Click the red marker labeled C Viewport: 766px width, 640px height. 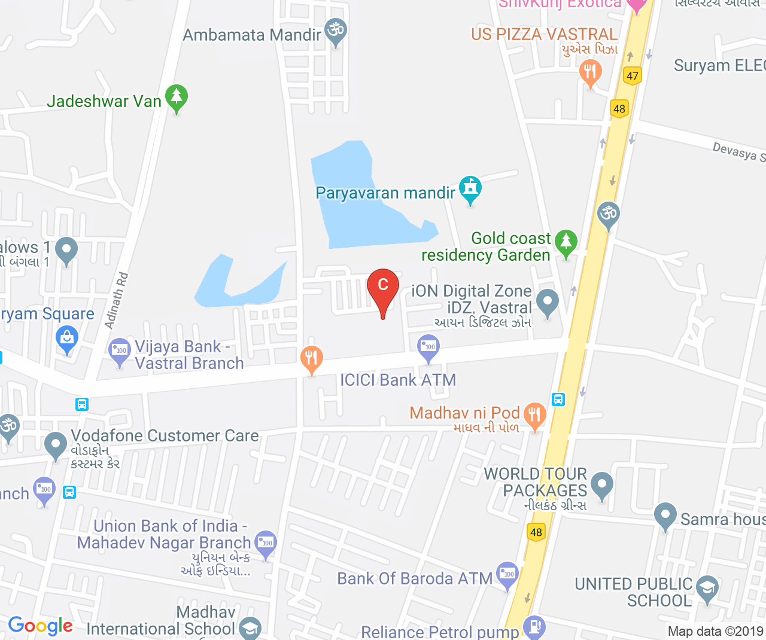click(x=383, y=286)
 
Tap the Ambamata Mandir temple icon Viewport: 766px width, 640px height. click(x=335, y=31)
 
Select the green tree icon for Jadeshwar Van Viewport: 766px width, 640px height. click(x=177, y=97)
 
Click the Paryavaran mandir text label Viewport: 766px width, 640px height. click(x=385, y=193)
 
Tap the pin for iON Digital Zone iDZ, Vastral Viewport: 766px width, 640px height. click(x=547, y=302)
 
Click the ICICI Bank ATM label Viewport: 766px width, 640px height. click(x=398, y=380)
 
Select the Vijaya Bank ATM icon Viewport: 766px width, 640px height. click(x=120, y=351)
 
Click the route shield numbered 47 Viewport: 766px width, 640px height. click(x=633, y=76)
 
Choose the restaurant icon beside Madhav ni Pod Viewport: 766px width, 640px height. click(x=534, y=414)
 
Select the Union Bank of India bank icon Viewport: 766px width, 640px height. click(x=266, y=543)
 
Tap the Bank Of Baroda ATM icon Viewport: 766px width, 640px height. click(x=507, y=574)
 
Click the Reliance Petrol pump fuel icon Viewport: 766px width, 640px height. click(x=534, y=626)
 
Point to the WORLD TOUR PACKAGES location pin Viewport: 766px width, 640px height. click(x=601, y=485)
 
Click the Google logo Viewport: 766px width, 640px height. click(x=40, y=626)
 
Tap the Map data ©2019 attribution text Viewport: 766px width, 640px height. click(x=715, y=632)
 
